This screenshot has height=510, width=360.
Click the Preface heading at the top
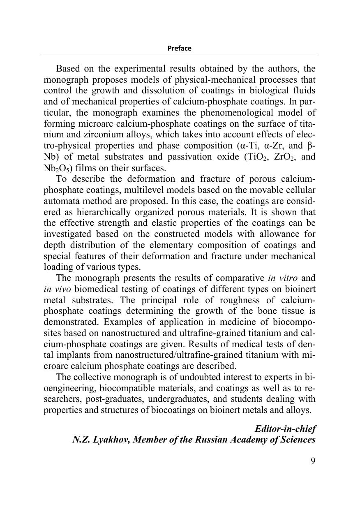click(179, 48)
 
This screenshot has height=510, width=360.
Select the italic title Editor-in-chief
click(285, 429)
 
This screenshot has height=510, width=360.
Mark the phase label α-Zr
click(271, 146)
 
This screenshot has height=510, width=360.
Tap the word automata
click(60, 201)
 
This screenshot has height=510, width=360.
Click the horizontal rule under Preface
click(179, 55)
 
